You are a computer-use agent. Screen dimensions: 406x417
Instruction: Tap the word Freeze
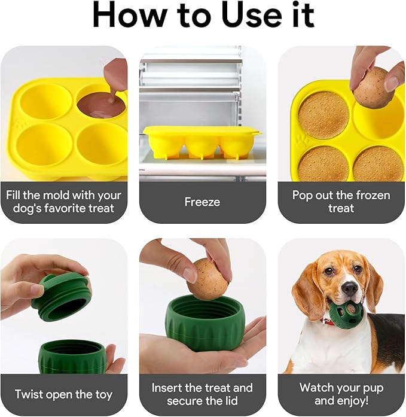click(202, 202)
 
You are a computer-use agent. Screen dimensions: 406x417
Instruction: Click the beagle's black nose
click(350, 288)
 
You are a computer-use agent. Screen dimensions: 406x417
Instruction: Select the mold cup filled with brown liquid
click(101, 105)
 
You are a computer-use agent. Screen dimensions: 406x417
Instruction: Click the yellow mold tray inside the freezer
click(202, 142)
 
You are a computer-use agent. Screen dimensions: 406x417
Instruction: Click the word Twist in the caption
click(29, 394)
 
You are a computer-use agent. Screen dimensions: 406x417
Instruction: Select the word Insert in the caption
click(167, 388)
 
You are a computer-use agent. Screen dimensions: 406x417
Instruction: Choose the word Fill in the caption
click(13, 195)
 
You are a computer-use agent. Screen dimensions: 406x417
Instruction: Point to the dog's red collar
click(329, 322)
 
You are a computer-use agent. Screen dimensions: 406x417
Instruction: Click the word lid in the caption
click(231, 400)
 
